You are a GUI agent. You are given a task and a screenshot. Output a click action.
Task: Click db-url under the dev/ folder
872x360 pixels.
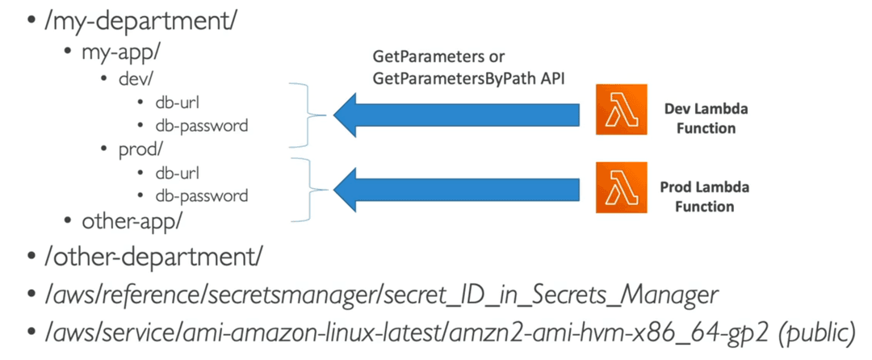click(x=178, y=103)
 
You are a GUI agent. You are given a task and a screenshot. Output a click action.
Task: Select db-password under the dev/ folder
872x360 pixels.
click(x=201, y=126)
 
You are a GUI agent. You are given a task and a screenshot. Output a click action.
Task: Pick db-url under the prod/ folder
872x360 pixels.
click(x=178, y=174)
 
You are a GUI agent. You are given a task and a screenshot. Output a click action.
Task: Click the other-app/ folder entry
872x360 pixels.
click(x=132, y=221)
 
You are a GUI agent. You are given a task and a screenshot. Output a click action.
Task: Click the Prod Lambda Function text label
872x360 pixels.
click(x=705, y=197)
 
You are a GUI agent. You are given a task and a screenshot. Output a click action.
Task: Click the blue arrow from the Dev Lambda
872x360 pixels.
click(x=456, y=115)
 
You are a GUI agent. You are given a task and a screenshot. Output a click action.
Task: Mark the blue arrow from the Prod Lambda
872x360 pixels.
click(x=456, y=190)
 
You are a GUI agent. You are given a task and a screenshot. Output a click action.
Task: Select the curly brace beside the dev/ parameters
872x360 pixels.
click(x=308, y=115)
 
